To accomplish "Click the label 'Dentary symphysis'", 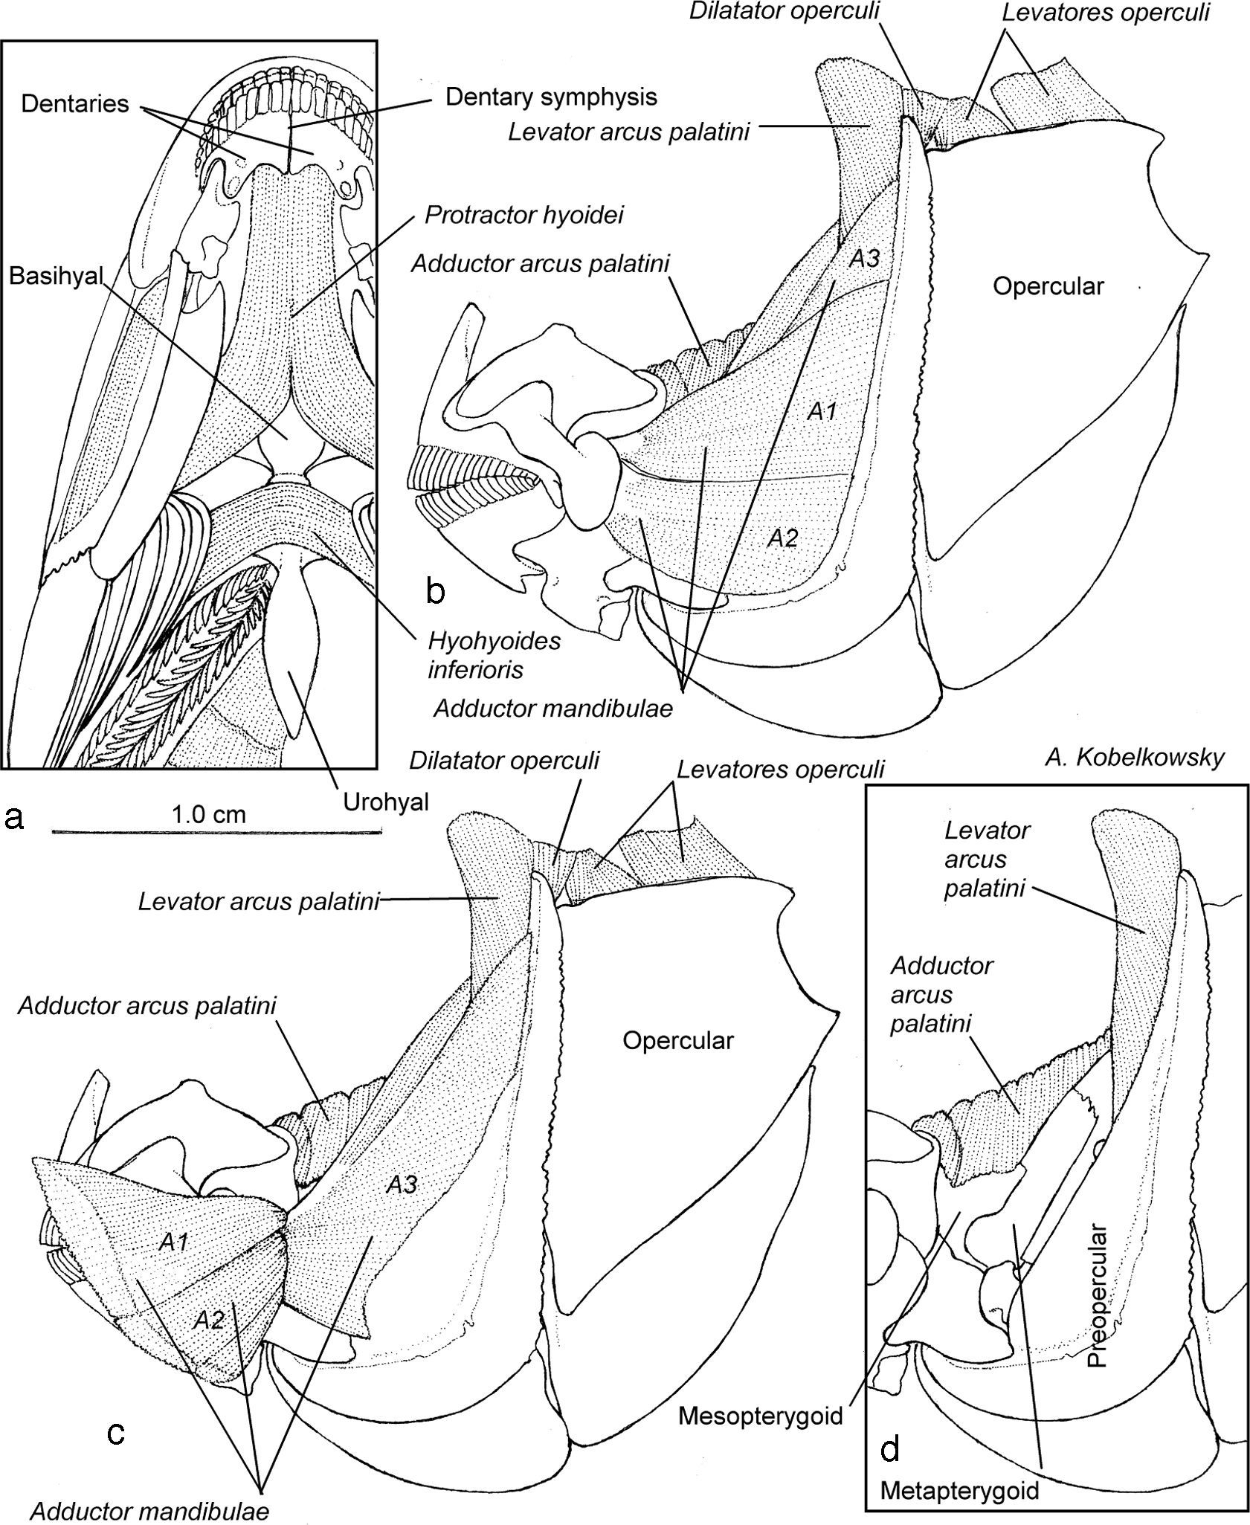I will pos(551,96).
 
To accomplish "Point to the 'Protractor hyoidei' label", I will pos(524,215).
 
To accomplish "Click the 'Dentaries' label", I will pos(75,103).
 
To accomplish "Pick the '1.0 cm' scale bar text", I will pos(209,813).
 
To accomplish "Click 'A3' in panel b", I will pos(865,258).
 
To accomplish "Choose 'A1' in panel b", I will pos(822,411).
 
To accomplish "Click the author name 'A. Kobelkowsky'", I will pos(1134,758).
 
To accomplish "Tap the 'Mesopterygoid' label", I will pos(760,1416).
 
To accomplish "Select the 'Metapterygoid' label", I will pos(959,1489).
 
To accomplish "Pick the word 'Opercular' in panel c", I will pos(678,1040).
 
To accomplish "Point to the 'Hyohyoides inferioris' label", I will pos(494,655).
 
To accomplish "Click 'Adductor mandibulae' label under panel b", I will pos(553,708).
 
